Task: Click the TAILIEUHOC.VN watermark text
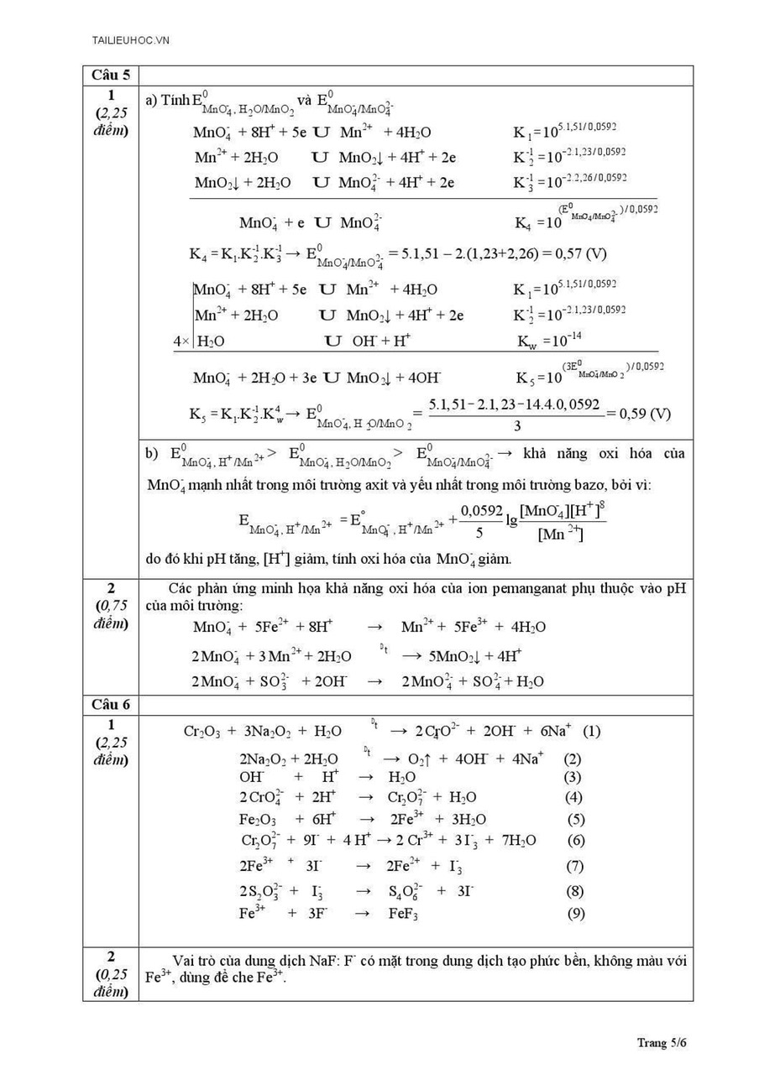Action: (131, 39)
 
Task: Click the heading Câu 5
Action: (110, 76)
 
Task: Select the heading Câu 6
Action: (110, 705)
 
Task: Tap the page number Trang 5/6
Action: (662, 1043)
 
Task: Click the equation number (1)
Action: (591, 731)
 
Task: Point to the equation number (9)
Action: (576, 914)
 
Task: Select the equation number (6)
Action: (576, 841)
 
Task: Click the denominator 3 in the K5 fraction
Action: (516, 425)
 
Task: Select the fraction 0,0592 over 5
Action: (482, 521)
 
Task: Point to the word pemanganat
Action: (471, 589)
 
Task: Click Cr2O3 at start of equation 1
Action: (202, 732)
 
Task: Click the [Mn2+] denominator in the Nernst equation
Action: (560, 534)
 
